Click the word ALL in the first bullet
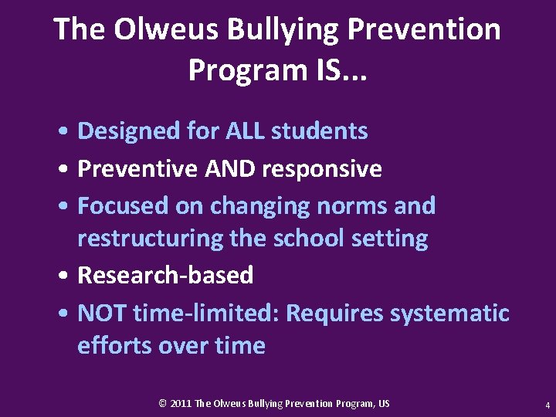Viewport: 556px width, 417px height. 244,131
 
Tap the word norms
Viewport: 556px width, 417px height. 352,206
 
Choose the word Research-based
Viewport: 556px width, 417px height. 165,275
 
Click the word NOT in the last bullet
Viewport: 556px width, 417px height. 102,314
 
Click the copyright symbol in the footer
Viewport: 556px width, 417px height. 163,404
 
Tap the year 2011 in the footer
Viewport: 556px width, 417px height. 181,404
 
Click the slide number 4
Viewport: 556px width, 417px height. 547,405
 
